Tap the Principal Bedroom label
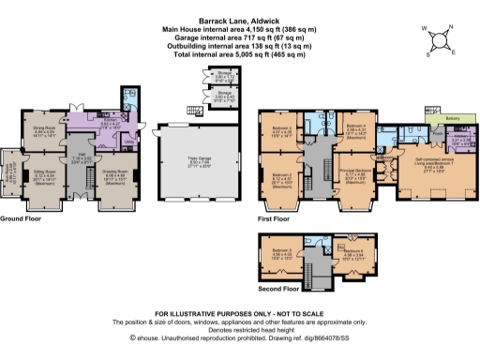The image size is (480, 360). click(x=356, y=171)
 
